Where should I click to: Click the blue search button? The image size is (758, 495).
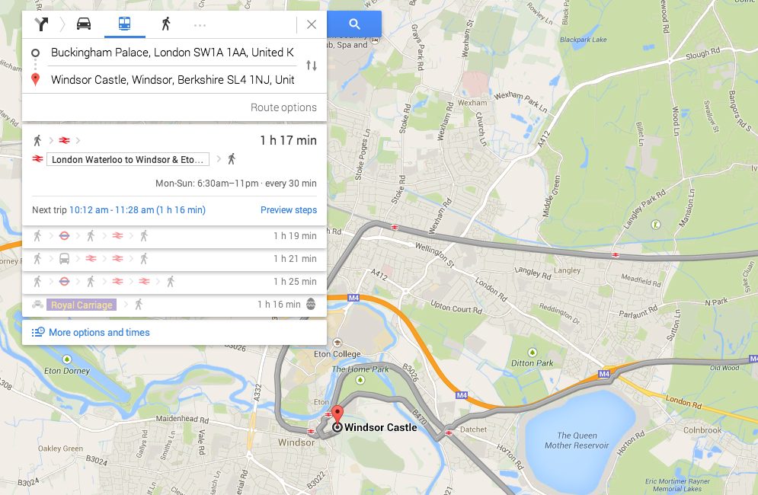pyautogui.click(x=354, y=24)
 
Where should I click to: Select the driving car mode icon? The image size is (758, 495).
pyautogui.click(x=84, y=24)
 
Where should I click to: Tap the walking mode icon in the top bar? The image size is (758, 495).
pyautogui.click(x=165, y=24)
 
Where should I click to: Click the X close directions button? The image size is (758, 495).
pyautogui.click(x=311, y=24)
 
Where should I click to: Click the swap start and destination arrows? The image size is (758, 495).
pyautogui.click(x=311, y=66)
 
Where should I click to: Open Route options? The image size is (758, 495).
pyautogui.click(x=283, y=107)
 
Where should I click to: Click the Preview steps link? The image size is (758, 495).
pyautogui.click(x=289, y=210)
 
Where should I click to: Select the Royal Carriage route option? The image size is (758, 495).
pyautogui.click(x=82, y=305)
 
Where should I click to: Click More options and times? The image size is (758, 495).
pyautogui.click(x=99, y=333)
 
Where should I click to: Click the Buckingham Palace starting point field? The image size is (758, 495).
pyautogui.click(x=171, y=53)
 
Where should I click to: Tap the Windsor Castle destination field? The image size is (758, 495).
pyautogui.click(x=172, y=80)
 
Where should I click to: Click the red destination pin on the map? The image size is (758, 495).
pyautogui.click(x=337, y=416)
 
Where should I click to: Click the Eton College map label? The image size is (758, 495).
pyautogui.click(x=337, y=354)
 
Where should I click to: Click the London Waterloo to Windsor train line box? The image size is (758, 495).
pyautogui.click(x=128, y=160)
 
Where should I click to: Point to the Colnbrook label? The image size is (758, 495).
pyautogui.click(x=702, y=430)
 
